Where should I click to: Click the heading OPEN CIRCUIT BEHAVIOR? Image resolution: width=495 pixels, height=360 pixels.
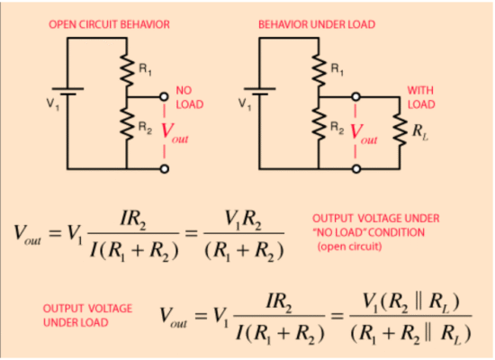click(109, 24)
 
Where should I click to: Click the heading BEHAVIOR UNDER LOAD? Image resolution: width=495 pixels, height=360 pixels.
click(317, 24)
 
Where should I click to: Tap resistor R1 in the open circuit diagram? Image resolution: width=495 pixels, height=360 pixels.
click(127, 70)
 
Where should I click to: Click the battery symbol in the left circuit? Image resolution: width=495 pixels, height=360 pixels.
click(67, 91)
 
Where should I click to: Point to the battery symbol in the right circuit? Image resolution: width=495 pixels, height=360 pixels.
click(259, 91)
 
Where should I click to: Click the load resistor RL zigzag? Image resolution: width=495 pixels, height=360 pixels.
click(400, 130)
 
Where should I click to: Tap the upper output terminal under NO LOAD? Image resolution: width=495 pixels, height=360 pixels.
click(164, 96)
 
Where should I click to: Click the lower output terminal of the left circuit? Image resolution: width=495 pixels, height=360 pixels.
click(164, 169)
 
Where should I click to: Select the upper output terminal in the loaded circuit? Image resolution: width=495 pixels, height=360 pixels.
click(355, 96)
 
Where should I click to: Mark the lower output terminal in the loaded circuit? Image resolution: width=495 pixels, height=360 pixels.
click(356, 169)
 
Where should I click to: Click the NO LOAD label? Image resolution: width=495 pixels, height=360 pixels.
click(189, 97)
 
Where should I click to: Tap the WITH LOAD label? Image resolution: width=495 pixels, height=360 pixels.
click(421, 97)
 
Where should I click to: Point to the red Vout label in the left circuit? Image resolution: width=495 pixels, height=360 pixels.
click(175, 132)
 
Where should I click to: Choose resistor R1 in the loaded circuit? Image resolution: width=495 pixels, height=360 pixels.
click(319, 70)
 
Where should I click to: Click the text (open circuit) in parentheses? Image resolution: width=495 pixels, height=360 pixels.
click(349, 247)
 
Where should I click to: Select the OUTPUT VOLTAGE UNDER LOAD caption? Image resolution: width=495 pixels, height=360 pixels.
click(87, 316)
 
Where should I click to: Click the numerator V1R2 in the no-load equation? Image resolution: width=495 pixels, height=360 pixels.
click(243, 220)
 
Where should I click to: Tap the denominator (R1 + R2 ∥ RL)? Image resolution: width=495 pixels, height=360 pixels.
click(410, 334)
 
